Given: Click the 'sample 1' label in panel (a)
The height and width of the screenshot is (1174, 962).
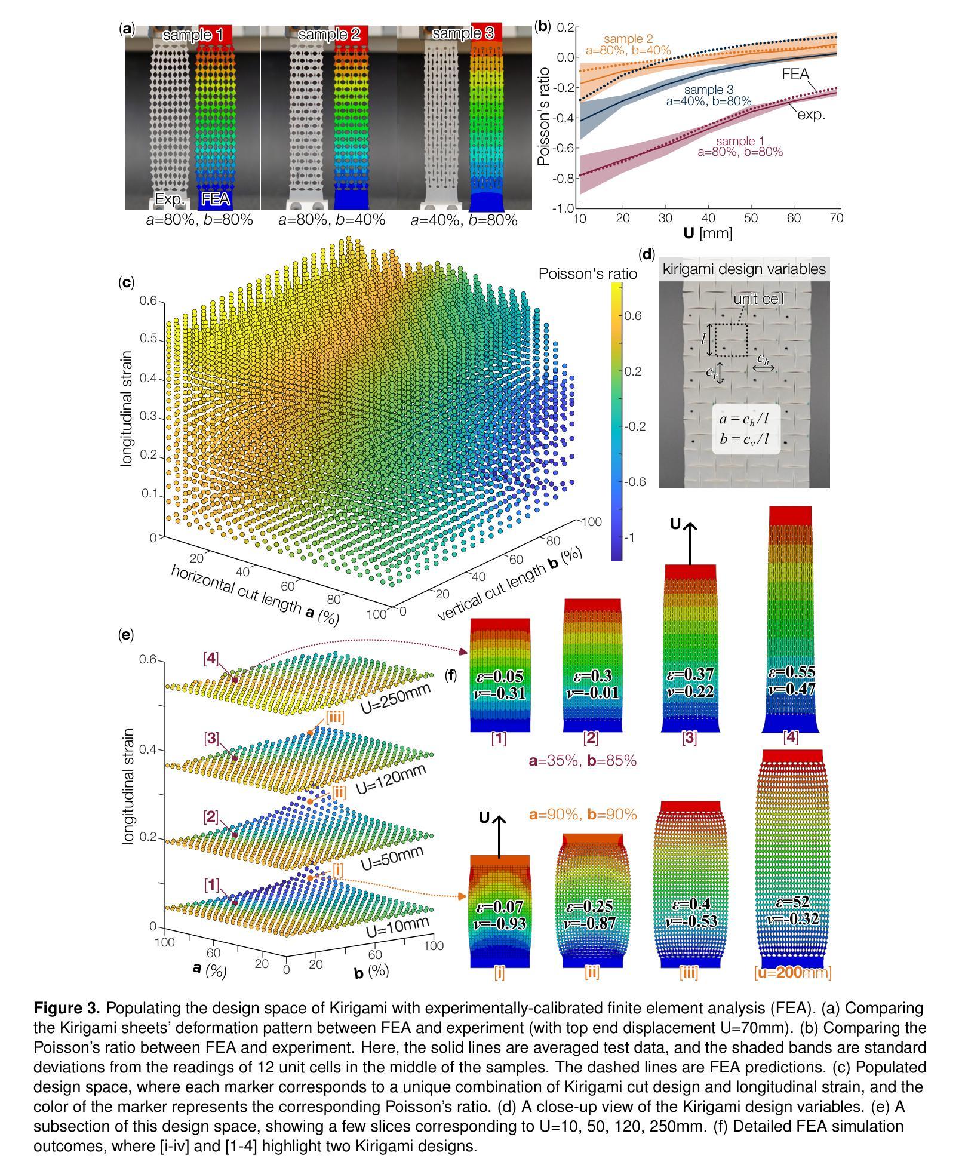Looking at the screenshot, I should pyautogui.click(x=192, y=35).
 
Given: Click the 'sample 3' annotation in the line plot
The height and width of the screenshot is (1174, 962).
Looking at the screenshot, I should pyautogui.click(x=708, y=90).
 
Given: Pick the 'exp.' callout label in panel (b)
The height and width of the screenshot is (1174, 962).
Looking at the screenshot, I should pyautogui.click(x=812, y=114).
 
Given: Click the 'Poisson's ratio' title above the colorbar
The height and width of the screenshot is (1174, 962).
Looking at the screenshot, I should pyautogui.click(x=587, y=274).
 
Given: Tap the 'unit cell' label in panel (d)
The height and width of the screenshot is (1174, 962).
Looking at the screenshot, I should pyautogui.click(x=758, y=299).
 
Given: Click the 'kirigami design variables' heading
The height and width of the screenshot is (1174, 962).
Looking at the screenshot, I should pyautogui.click(x=744, y=269).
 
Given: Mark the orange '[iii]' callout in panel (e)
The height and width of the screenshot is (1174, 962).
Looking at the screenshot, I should pyautogui.click(x=335, y=717).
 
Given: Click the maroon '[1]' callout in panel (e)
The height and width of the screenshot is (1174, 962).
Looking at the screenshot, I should pyautogui.click(x=211, y=884).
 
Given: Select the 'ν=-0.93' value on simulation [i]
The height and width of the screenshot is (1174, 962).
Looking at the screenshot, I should pyautogui.click(x=501, y=923).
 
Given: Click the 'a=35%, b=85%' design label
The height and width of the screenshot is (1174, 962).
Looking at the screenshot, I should pyautogui.click(x=582, y=761).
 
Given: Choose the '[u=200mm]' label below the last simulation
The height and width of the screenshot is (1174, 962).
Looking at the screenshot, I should pyautogui.click(x=792, y=973).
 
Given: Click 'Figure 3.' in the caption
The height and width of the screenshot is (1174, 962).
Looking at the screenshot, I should pyautogui.click(x=67, y=1009).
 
